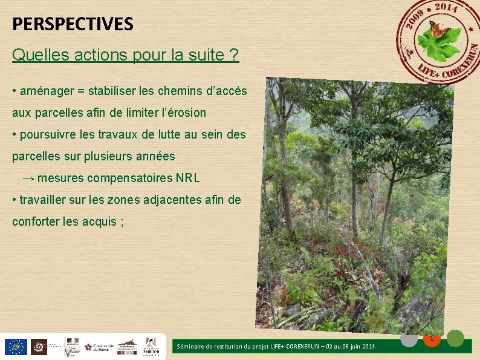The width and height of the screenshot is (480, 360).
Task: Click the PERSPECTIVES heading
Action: [x=73, y=24]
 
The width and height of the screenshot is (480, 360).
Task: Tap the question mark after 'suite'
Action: [x=234, y=56]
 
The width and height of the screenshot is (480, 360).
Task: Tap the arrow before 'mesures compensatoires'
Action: [x=28, y=178]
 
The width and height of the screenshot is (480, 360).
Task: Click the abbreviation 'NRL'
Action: [x=187, y=178]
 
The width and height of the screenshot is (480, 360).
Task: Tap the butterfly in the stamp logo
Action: [x=439, y=28]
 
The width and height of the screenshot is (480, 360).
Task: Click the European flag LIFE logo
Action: [x=15, y=347]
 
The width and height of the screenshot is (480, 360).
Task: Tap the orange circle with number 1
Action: [x=432, y=339]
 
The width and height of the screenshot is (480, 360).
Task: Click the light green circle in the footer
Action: [x=455, y=338]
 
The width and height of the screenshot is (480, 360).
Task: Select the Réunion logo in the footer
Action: [x=151, y=346]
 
